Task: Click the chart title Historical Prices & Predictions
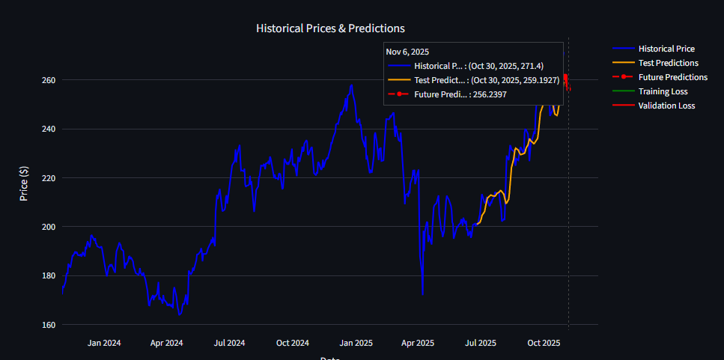(330, 28)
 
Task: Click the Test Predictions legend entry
(668, 63)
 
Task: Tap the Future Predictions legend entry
(672, 77)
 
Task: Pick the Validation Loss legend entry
(666, 106)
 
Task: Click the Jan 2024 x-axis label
(104, 343)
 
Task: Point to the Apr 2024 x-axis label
(167, 343)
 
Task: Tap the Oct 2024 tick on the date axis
(293, 343)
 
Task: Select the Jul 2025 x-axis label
(481, 343)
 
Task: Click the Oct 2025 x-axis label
(544, 343)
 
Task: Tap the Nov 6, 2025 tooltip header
(407, 52)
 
